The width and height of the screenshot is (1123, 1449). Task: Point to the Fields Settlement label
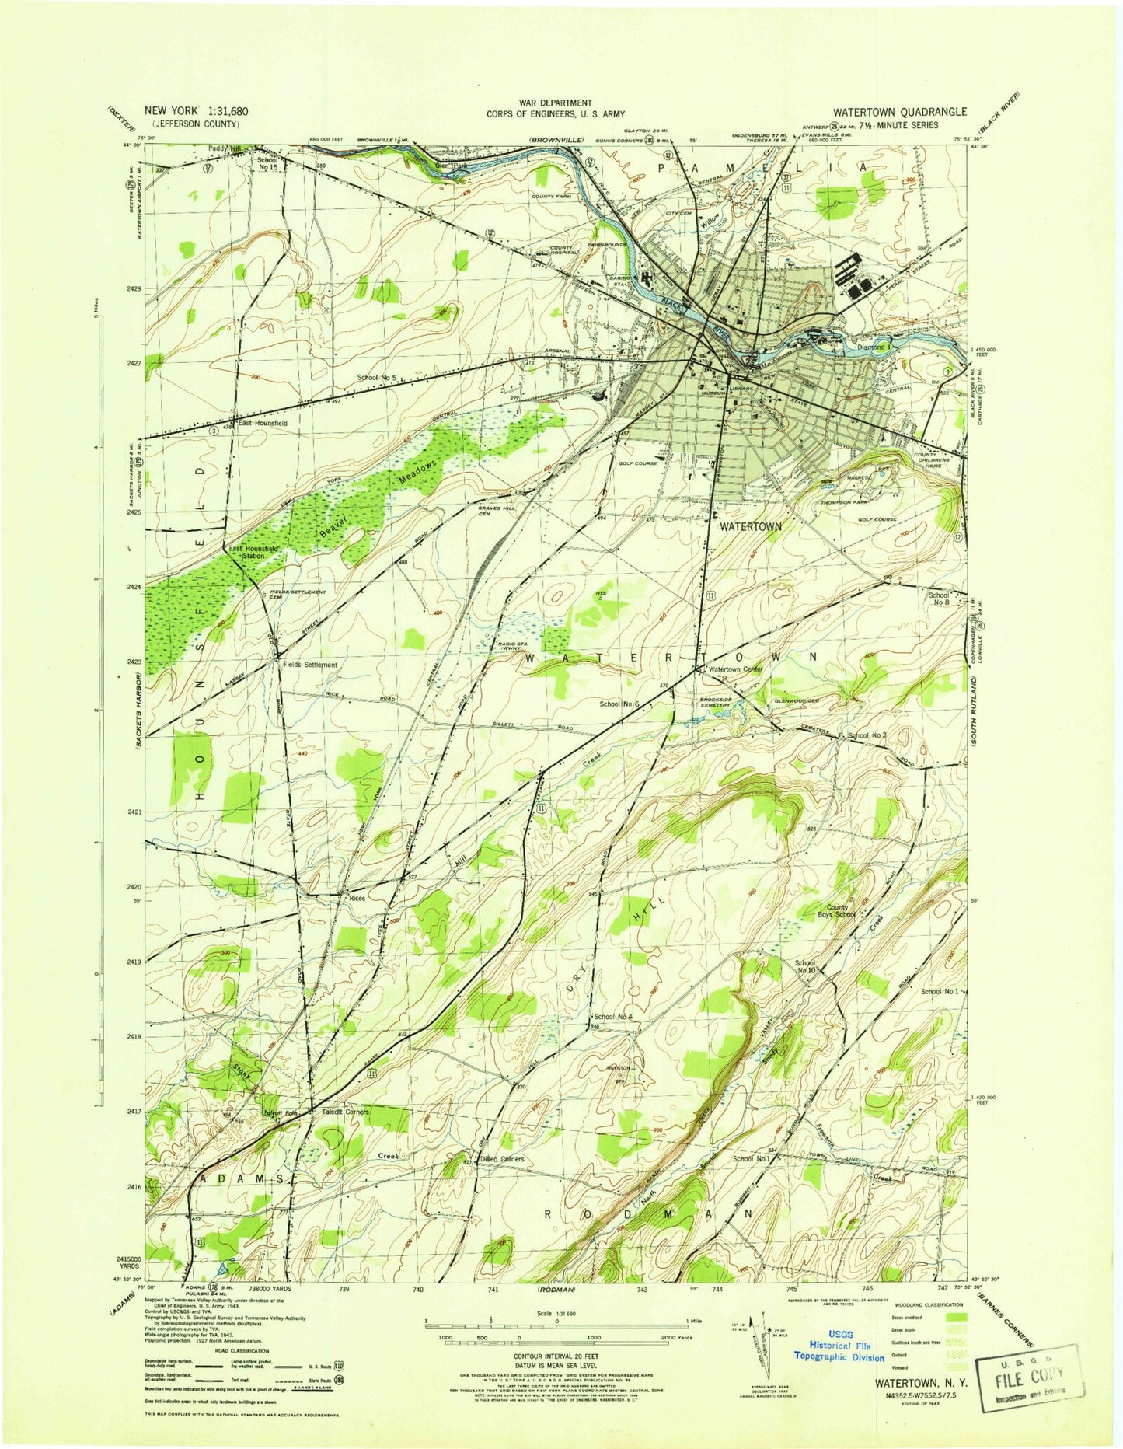[310, 665]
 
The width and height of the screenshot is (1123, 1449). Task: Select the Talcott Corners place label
[345, 1112]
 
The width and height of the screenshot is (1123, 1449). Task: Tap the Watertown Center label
[735, 669]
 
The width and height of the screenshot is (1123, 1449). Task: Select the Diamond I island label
[872, 347]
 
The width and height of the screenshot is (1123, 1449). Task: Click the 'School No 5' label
[377, 378]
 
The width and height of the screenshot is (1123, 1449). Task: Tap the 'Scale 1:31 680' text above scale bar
[556, 1314]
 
